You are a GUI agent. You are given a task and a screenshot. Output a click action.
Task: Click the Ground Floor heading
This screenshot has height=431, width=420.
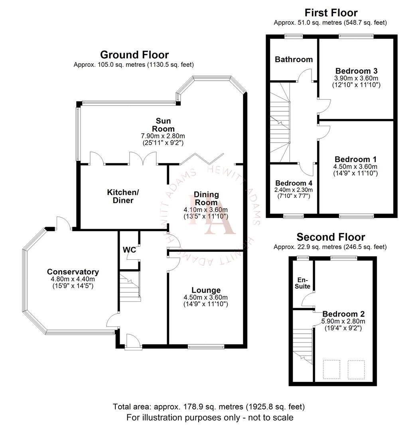pos(134,55)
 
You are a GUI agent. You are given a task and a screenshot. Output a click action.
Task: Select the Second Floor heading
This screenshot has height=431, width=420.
pos(330,237)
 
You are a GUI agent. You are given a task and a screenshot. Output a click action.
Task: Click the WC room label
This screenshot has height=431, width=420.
pos(129,250)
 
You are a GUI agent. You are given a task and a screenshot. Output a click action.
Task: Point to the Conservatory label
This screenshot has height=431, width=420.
pos(73,272)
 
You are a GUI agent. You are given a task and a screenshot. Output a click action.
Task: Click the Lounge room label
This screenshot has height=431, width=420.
pos(205,290)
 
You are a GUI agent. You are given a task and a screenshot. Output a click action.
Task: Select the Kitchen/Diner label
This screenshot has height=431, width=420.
pos(123,196)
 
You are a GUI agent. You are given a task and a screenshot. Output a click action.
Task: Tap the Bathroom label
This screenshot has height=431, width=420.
pos(294,59)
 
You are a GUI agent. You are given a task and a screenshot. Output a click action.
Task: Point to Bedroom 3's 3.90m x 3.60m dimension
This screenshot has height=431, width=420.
pos(356,78)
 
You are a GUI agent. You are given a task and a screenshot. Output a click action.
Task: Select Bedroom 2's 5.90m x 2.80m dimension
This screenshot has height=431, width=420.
pos(343,321)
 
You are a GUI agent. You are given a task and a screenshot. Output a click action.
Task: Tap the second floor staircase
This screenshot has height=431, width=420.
pos(303,345)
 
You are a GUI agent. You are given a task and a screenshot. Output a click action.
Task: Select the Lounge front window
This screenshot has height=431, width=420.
pos(206,347)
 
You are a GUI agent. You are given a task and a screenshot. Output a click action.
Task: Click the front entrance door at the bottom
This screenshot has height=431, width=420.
pos(132,342)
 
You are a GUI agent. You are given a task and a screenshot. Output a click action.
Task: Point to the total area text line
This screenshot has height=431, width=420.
pos(209,407)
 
